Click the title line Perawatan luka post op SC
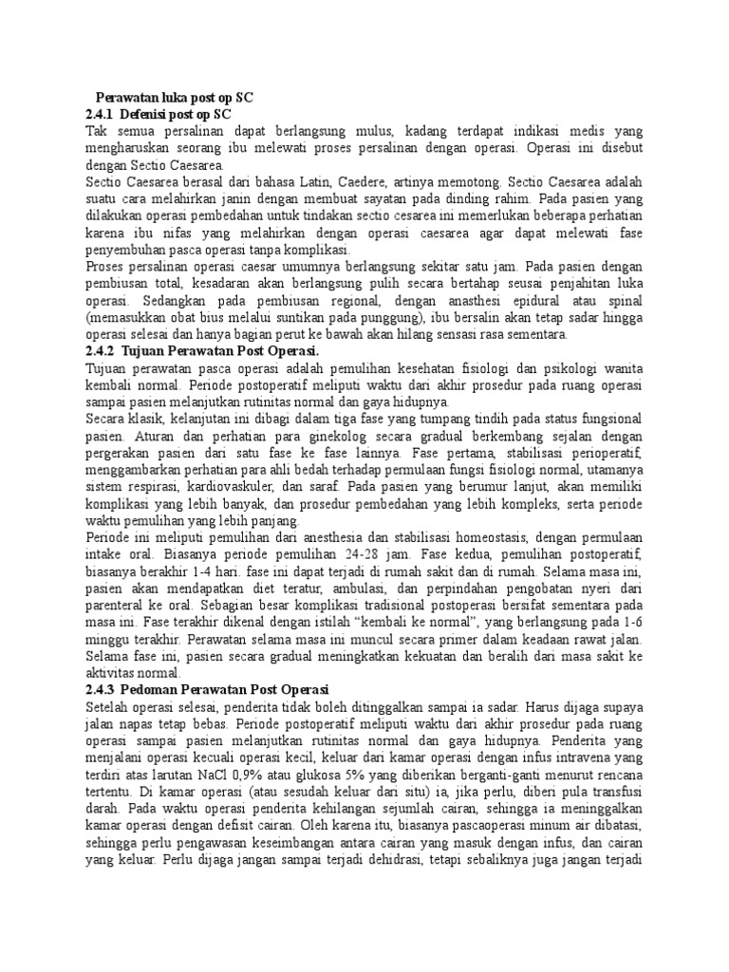pos(177,97)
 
